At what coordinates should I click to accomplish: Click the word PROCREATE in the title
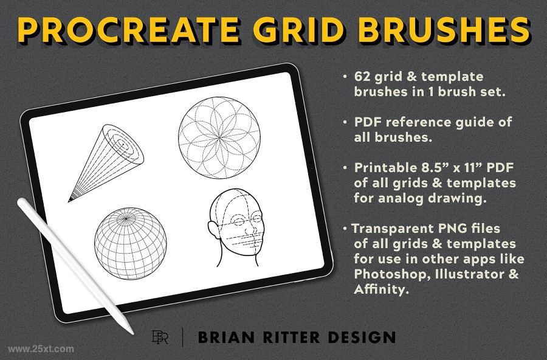[x=129, y=29]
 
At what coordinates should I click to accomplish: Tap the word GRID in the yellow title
[x=298, y=29]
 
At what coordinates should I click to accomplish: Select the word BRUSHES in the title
[x=444, y=29]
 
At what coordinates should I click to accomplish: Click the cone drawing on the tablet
[x=106, y=163]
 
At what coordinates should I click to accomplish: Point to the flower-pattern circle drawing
[x=219, y=138]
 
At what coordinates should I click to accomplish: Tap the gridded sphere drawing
[x=131, y=244]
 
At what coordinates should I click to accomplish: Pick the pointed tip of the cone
[x=69, y=201]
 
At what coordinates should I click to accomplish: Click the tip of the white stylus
[x=131, y=332]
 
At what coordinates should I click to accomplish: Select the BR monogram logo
[x=160, y=337]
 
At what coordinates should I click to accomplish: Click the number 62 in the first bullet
[x=362, y=77]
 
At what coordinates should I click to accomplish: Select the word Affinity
[x=381, y=289]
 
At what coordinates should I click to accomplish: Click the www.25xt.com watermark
[x=41, y=349]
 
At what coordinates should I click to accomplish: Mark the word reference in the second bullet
[x=419, y=122]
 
